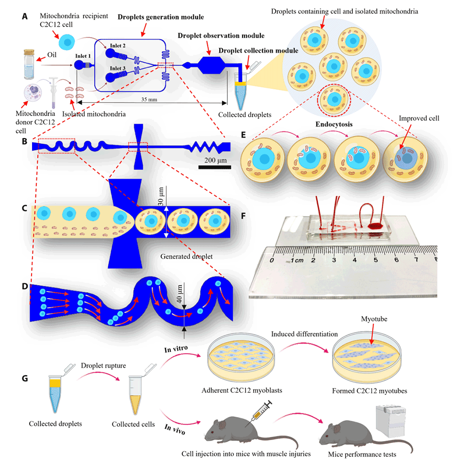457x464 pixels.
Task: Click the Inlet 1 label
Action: coord(82,55)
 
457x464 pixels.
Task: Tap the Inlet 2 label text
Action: coord(118,46)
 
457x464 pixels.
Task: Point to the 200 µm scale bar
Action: coord(214,167)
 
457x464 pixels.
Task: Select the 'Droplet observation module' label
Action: coord(221,35)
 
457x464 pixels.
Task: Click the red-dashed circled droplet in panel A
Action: coord(334,98)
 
